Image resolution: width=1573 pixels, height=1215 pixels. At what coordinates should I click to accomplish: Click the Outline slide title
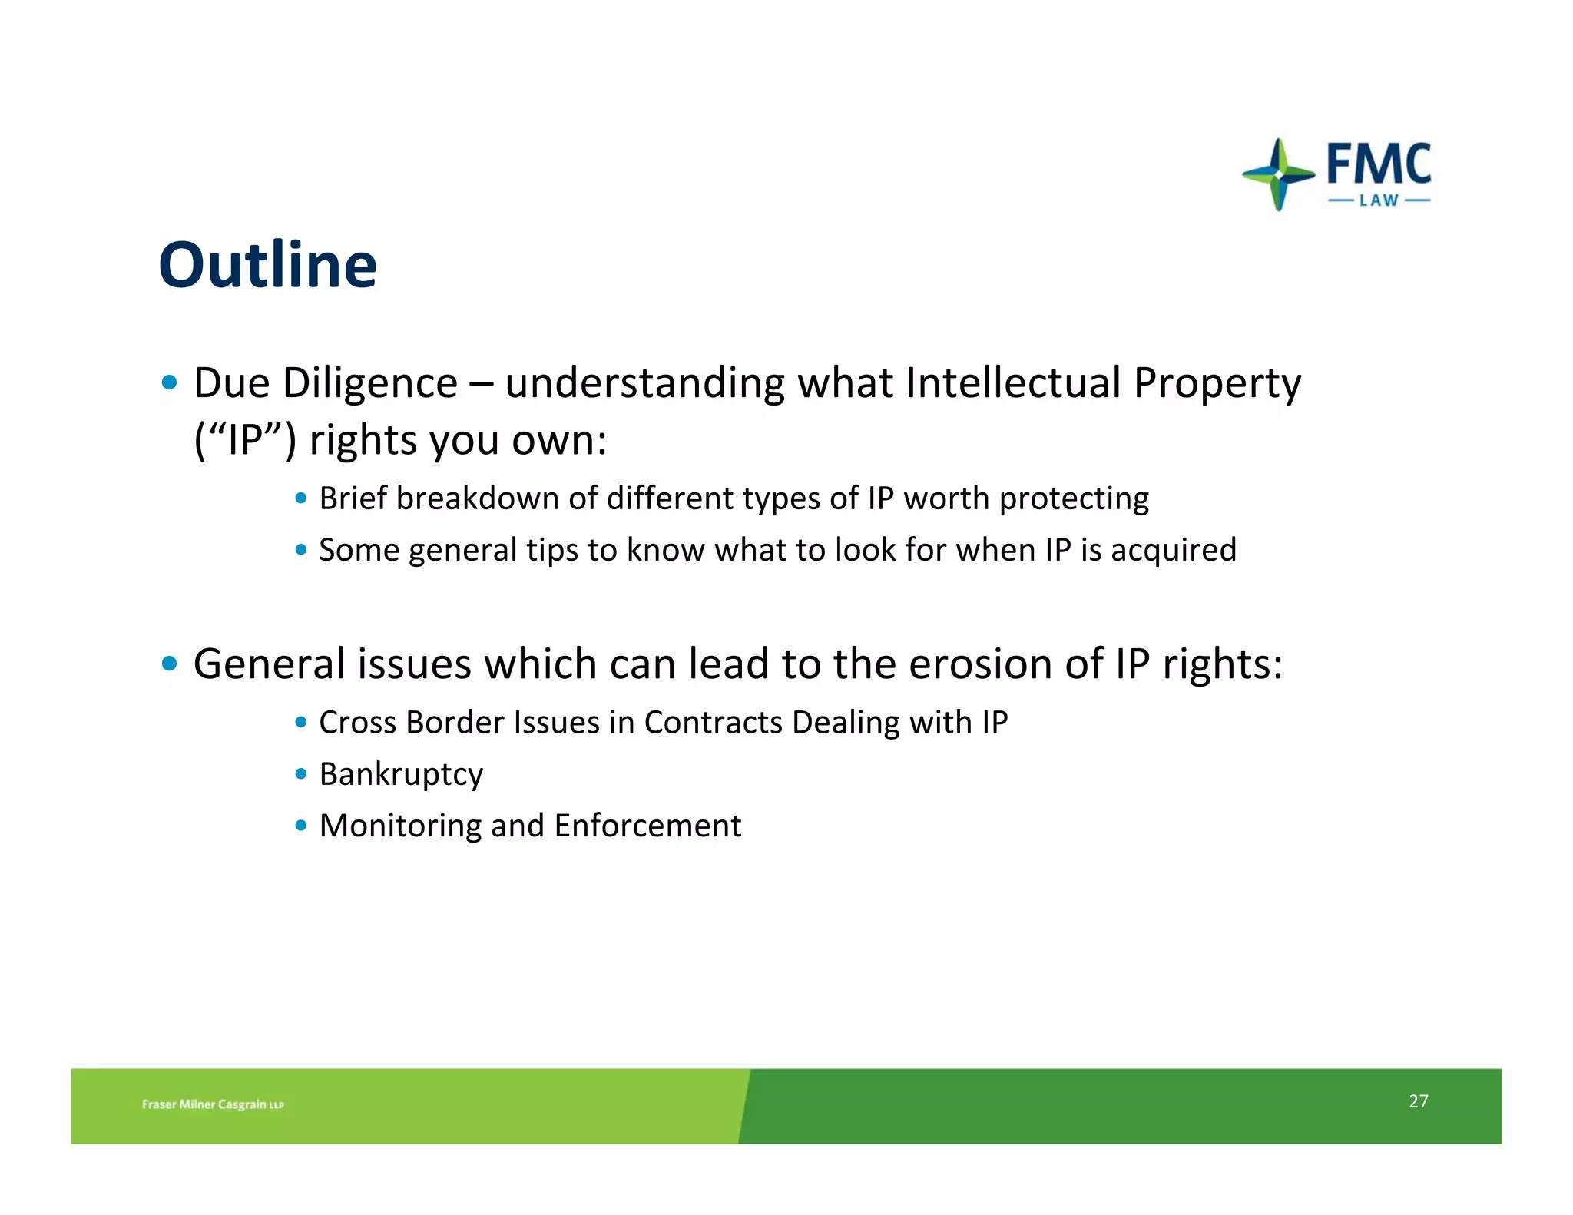(x=267, y=265)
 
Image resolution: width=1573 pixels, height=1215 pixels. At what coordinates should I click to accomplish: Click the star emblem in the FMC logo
(x=1278, y=174)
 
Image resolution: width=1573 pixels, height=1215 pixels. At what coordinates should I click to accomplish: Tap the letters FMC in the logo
(x=1379, y=164)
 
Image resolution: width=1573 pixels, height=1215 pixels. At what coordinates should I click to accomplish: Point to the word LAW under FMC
(x=1379, y=201)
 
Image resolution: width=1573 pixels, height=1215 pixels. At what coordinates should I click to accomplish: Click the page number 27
(x=1418, y=1101)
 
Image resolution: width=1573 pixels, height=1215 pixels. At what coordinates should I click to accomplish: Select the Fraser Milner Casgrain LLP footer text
(x=213, y=1104)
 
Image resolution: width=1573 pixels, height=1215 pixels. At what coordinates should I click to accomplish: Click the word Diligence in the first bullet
(x=369, y=382)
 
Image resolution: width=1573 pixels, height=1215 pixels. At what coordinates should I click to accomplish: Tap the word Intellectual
(x=1012, y=382)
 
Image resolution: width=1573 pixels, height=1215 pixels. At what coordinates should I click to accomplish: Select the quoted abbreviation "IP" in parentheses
(x=245, y=440)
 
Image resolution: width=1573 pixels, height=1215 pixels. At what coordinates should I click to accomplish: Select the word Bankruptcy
(x=401, y=774)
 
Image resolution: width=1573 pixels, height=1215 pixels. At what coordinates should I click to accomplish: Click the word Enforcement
(x=647, y=826)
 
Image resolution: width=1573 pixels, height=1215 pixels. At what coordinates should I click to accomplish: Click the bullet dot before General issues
(x=170, y=664)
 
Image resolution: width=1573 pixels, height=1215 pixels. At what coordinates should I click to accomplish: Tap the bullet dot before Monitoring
(x=301, y=826)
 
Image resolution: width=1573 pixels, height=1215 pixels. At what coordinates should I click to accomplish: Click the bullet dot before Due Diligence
(x=170, y=382)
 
